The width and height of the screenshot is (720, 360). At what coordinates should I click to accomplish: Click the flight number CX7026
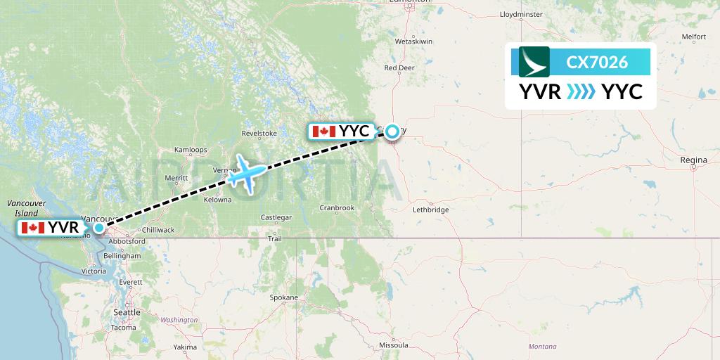tap(597, 63)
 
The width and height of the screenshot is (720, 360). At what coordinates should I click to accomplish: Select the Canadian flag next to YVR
tap(33, 227)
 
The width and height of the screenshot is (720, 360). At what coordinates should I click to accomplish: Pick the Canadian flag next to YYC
tap(323, 131)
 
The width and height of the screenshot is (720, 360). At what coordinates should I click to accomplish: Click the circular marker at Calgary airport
tap(392, 130)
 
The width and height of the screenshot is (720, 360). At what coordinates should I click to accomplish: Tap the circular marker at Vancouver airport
tap(99, 227)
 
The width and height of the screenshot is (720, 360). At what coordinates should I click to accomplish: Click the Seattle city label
tap(127, 312)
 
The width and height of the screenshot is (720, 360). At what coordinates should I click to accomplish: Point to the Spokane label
tap(283, 298)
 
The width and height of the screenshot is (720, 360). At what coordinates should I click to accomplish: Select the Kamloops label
tap(191, 150)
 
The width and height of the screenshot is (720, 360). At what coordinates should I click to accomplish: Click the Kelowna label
tap(217, 200)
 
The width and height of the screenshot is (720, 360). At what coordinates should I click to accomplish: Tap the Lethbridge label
tap(430, 210)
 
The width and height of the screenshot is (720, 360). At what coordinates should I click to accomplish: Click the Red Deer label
tap(399, 68)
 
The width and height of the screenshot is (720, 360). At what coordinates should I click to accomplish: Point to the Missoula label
tap(394, 345)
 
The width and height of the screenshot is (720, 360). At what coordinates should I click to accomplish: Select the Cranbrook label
tap(337, 207)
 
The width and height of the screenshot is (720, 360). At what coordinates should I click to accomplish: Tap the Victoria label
tap(94, 271)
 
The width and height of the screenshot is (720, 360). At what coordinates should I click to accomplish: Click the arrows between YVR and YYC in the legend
tap(581, 91)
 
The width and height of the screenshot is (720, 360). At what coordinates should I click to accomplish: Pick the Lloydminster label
tap(520, 14)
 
